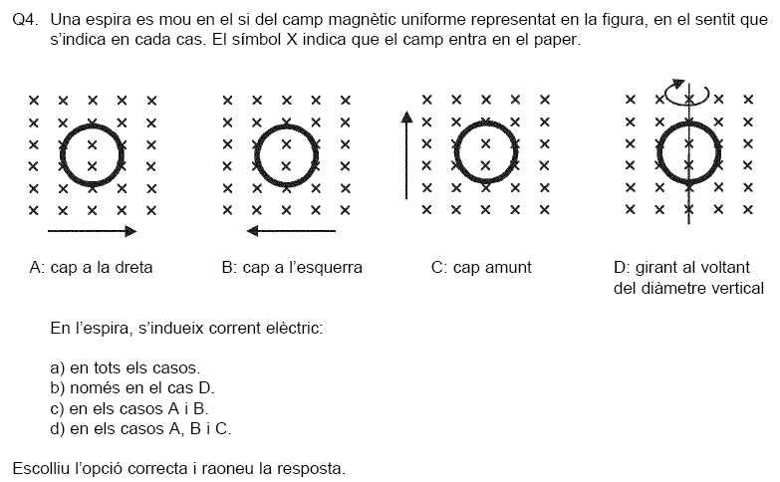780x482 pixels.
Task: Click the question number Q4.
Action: pos(25,19)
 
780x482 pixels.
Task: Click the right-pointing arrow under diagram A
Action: pos(92,231)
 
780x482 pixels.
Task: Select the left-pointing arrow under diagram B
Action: pos(291,231)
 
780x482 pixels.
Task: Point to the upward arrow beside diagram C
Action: pos(406,155)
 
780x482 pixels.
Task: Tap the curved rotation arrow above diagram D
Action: pos(686,93)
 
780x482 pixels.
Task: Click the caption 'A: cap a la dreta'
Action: pos(91,268)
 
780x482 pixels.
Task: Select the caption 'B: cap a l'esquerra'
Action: pos(292,268)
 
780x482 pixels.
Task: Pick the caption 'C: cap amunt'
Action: pos(481,268)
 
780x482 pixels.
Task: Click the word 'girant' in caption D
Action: pos(656,268)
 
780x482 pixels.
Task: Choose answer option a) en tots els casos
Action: pos(126,368)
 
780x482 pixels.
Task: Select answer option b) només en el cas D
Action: pos(132,388)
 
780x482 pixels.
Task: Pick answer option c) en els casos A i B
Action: pos(130,409)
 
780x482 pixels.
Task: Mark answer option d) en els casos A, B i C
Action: pos(140,429)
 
